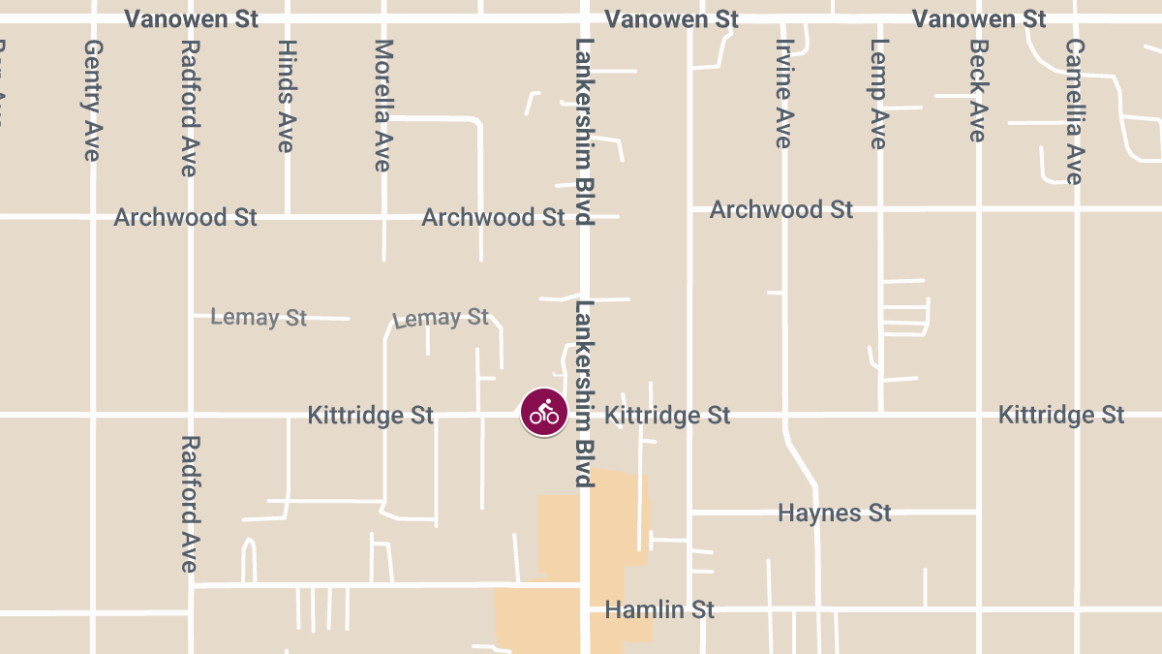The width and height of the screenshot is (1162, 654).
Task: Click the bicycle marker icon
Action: click(x=544, y=413)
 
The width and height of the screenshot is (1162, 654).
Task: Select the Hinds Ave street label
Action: click(x=286, y=96)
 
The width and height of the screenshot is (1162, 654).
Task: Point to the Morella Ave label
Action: click(x=383, y=106)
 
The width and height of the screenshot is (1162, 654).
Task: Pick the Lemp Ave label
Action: click(x=878, y=94)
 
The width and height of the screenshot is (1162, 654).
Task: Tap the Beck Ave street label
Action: click(x=978, y=90)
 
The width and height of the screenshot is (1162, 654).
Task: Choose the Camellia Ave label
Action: click(x=1074, y=111)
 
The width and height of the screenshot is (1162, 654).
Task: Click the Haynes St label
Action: click(x=834, y=513)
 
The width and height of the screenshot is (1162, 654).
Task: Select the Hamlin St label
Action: click(x=659, y=609)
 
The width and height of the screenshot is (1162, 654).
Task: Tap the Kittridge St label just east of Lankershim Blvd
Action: click(x=667, y=416)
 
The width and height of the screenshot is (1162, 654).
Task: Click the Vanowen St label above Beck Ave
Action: click(x=979, y=19)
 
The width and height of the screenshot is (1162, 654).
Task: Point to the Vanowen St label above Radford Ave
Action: click(x=192, y=19)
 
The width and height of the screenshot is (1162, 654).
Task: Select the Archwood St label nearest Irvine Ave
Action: click(x=781, y=209)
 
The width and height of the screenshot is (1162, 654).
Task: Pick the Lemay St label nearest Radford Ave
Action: click(x=259, y=317)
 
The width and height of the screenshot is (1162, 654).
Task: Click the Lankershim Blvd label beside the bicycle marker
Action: click(x=583, y=393)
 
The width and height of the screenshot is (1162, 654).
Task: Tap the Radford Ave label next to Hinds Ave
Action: click(x=191, y=108)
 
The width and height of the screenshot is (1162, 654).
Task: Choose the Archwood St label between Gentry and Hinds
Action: click(x=186, y=217)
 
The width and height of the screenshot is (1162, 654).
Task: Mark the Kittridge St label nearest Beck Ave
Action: click(x=1061, y=416)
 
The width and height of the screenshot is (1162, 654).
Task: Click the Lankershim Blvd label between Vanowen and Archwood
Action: click(x=583, y=132)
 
